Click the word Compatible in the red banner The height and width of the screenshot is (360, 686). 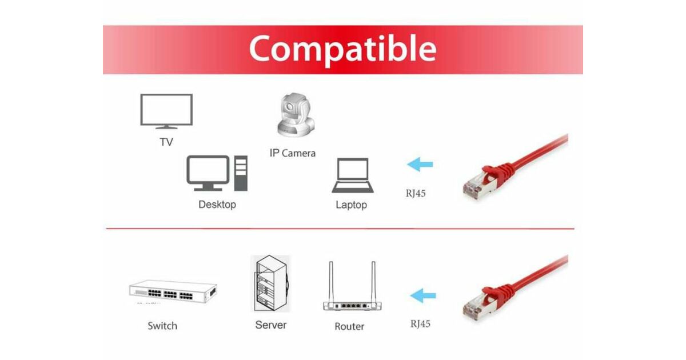[342, 50]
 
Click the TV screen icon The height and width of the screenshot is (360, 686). [166, 111]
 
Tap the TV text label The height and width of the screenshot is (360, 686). [166, 142]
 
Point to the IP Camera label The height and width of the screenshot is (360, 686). [293, 153]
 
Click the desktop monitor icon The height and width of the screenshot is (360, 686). [208, 173]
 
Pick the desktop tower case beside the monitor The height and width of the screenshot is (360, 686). [241, 173]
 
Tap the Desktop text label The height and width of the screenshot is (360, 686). [217, 205]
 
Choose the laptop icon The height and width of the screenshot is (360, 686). [353, 175]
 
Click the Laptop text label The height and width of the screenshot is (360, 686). [351, 205]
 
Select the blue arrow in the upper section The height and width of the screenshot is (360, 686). [420, 165]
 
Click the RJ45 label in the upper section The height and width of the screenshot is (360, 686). [416, 193]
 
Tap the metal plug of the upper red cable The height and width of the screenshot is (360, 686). [478, 186]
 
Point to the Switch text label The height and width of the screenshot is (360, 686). [162, 326]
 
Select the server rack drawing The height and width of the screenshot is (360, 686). [270, 283]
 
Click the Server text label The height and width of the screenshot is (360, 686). [271, 325]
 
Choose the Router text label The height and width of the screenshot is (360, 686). [349, 326]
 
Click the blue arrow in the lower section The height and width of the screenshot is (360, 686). [423, 295]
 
